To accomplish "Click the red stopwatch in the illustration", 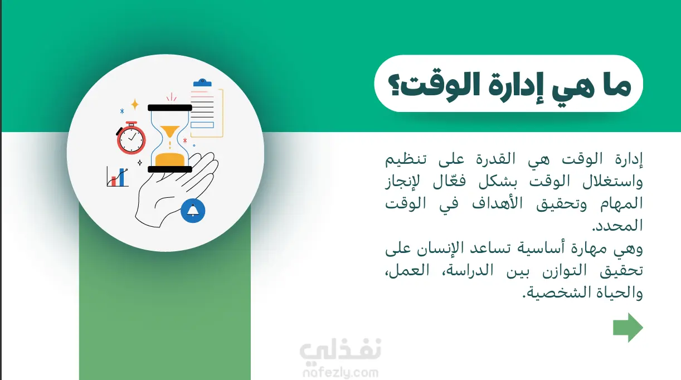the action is point(131,138).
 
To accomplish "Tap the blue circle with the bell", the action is point(193,211).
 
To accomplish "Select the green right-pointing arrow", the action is point(628,328).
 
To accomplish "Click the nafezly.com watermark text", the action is point(340,372).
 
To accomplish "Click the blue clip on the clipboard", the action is point(202,82).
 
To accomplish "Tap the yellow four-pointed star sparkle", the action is point(135,104).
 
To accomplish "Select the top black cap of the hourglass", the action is point(170,108).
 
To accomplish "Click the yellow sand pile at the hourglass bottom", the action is point(170,159).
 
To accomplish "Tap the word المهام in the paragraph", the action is point(621,203).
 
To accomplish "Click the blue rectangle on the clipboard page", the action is point(202,125).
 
